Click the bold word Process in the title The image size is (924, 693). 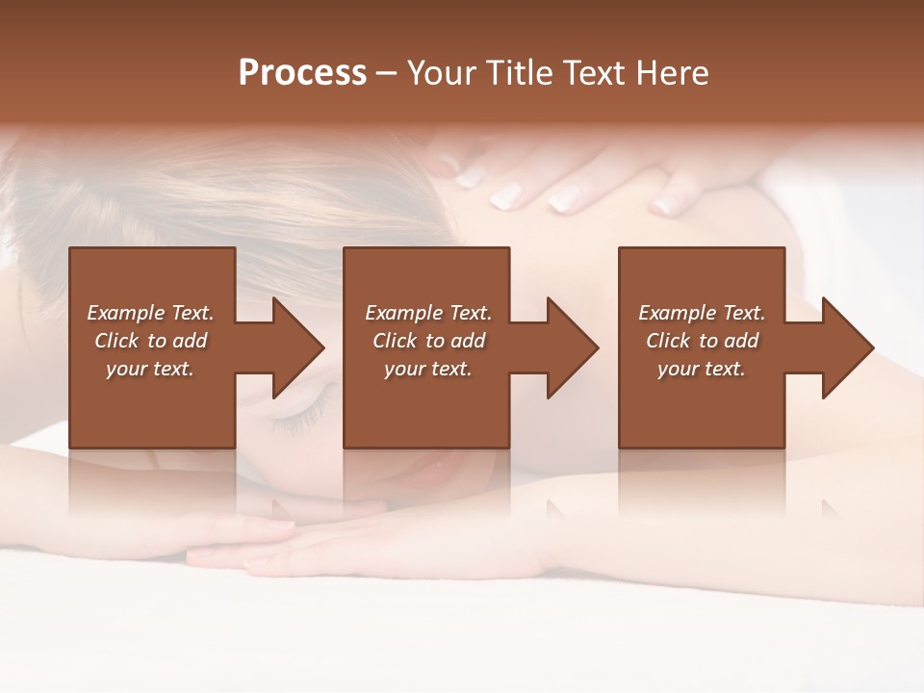pyautogui.click(x=302, y=73)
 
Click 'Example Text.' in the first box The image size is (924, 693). pyautogui.click(x=150, y=313)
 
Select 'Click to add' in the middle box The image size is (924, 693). pyautogui.click(x=428, y=341)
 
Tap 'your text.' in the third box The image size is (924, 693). pyautogui.click(x=702, y=369)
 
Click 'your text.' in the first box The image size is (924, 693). pyautogui.click(x=150, y=369)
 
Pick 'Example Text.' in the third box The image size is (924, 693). pyautogui.click(x=702, y=313)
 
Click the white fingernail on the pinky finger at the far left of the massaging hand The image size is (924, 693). pyautogui.click(x=471, y=177)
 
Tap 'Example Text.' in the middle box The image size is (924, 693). pyautogui.click(x=428, y=313)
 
